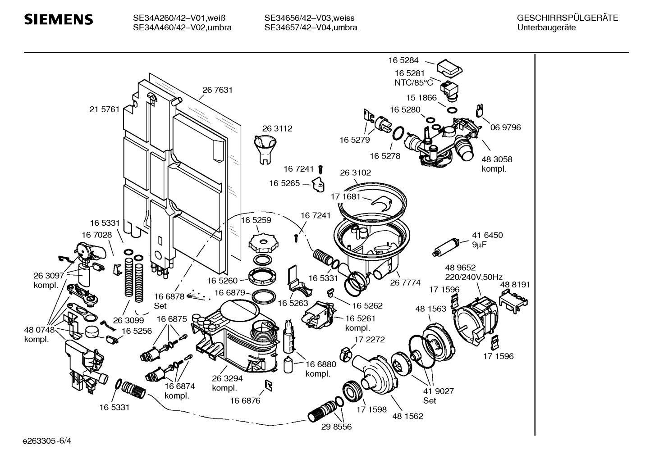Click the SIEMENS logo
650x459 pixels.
[x=59, y=20]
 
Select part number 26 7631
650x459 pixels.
[x=217, y=90]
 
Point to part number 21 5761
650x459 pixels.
[x=104, y=109]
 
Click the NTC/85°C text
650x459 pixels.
[x=413, y=83]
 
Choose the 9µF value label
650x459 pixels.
[x=481, y=245]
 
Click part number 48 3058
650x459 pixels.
[x=497, y=159]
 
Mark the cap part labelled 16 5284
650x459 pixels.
[x=450, y=68]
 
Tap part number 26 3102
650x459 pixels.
[x=355, y=173]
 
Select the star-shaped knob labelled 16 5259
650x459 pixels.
[x=261, y=243]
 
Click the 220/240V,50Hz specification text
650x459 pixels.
[x=474, y=277]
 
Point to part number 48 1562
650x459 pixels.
[x=407, y=416]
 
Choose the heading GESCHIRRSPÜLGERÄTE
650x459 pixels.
[x=567, y=18]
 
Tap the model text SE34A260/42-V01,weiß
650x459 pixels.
[x=179, y=18]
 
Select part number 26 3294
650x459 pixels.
[x=224, y=378]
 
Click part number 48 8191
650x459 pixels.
[x=515, y=285]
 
